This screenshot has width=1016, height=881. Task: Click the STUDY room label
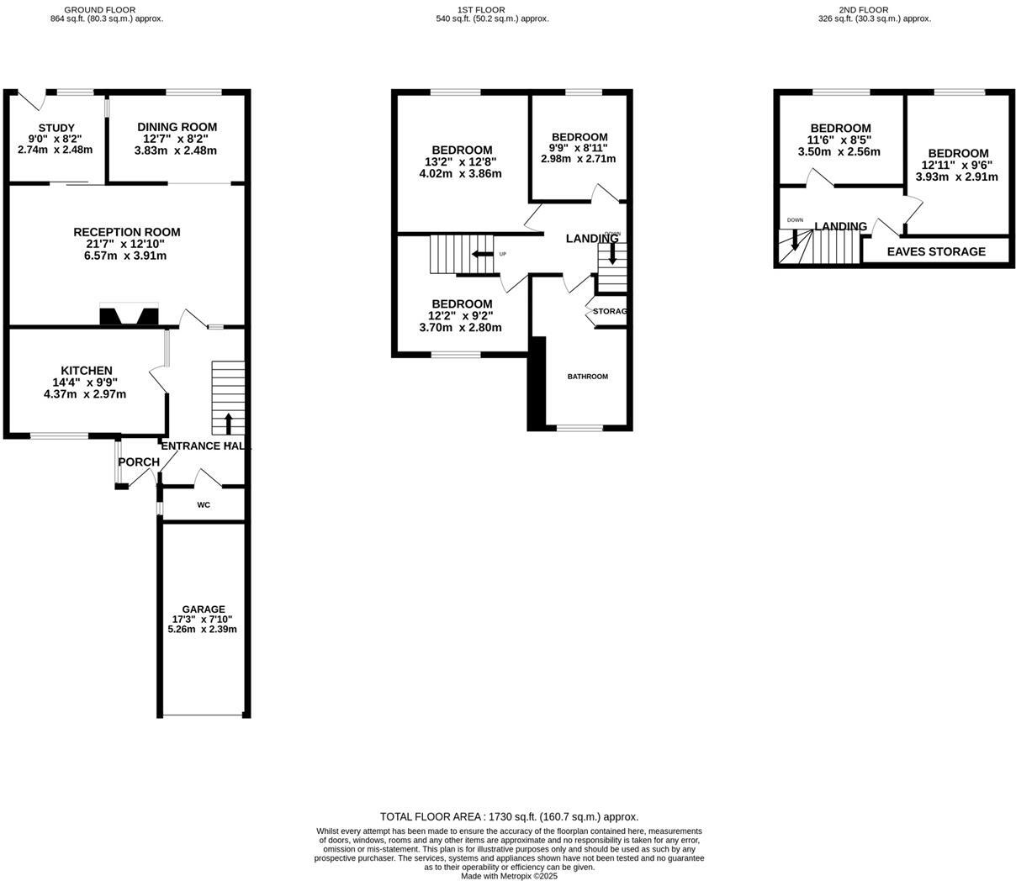click(56, 128)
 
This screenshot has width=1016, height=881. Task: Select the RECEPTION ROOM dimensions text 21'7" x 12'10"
click(126, 244)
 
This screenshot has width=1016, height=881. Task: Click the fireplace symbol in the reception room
click(129, 315)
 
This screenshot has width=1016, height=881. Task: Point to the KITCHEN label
click(87, 371)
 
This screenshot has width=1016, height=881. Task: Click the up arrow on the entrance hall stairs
click(229, 422)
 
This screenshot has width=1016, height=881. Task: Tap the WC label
click(204, 505)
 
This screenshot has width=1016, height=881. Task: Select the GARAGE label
click(204, 609)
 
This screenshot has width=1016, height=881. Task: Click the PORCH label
click(139, 462)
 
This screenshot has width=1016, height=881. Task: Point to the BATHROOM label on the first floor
click(587, 377)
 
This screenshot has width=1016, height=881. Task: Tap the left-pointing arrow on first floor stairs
click(483, 255)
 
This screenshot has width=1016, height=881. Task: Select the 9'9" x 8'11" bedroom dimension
click(579, 148)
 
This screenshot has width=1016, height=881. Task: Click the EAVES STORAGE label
click(936, 251)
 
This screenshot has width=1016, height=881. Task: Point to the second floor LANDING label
click(840, 226)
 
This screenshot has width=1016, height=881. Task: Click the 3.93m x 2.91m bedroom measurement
click(957, 177)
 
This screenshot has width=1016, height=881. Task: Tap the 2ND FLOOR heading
click(863, 9)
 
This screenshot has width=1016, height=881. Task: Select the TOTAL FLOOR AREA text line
click(509, 816)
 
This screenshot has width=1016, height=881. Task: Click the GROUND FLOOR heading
click(106, 9)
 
